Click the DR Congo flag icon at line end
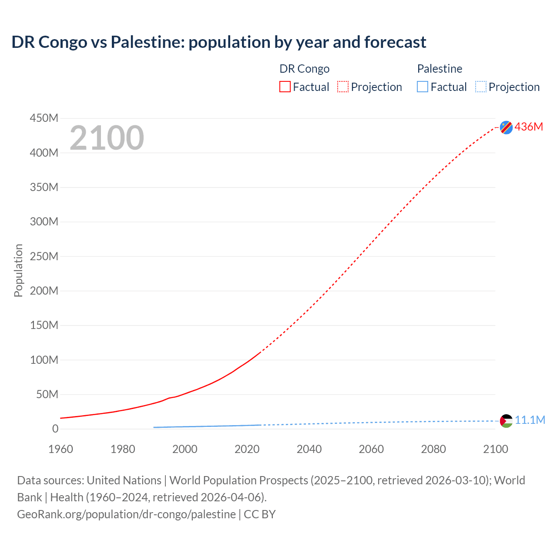click(506, 127)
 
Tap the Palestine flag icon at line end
click(506, 421)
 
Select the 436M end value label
click(529, 127)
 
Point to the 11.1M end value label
click(530, 420)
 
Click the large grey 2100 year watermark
click(107, 138)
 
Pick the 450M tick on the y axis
click(44, 118)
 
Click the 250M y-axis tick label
click(44, 256)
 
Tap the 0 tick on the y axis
click(55, 429)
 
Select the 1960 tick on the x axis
click(60, 449)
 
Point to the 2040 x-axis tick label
click(309, 449)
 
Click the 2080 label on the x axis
click(433, 449)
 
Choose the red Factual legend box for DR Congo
click(285, 87)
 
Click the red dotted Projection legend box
click(343, 87)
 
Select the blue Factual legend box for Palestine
click(423, 87)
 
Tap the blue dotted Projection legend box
click(481, 87)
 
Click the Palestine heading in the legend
click(440, 69)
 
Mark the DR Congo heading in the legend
click(304, 69)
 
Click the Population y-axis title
click(18, 270)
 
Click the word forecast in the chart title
click(395, 42)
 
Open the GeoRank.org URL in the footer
click(126, 514)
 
